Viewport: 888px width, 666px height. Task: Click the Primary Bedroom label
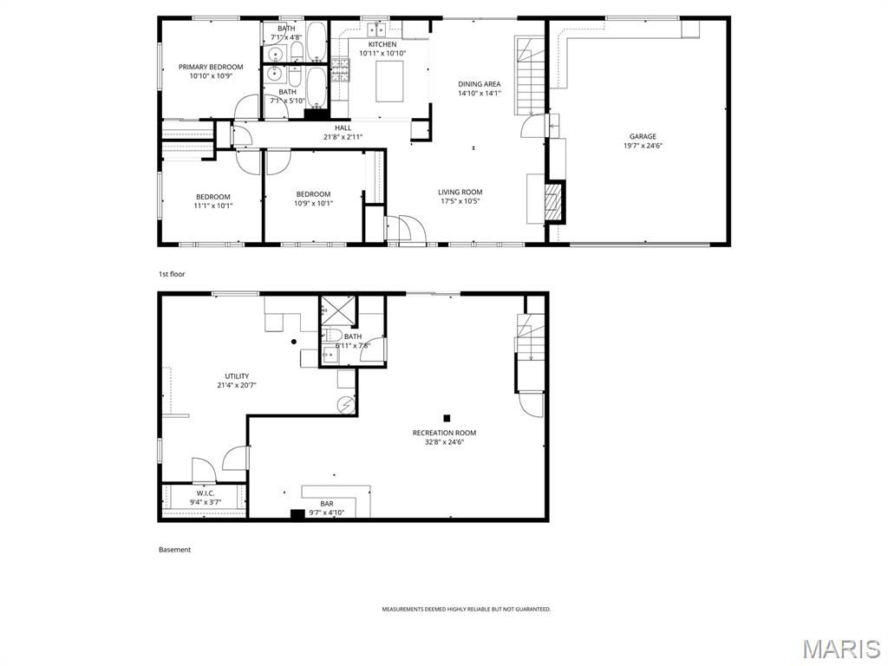click(x=211, y=67)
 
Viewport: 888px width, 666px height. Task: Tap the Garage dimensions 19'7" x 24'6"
click(x=643, y=146)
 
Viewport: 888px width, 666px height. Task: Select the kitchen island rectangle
click(x=389, y=82)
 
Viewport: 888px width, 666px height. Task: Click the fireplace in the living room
click(x=555, y=201)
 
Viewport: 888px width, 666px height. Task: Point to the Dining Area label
click(x=479, y=84)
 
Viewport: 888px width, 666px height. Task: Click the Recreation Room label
click(x=444, y=434)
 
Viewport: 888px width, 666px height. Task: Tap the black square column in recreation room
click(x=447, y=418)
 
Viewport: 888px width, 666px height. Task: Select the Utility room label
click(x=237, y=376)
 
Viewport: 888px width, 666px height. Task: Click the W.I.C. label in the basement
click(x=206, y=493)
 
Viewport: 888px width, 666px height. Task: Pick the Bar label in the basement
click(x=327, y=504)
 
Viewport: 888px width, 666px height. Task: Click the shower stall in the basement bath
click(x=337, y=311)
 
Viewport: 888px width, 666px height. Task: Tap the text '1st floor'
click(x=172, y=274)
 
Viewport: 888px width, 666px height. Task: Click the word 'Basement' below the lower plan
click(x=174, y=549)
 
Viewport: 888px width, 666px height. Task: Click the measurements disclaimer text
click(x=466, y=610)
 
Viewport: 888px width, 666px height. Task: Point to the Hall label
click(x=343, y=128)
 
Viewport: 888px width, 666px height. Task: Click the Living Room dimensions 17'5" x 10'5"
click(x=460, y=201)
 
